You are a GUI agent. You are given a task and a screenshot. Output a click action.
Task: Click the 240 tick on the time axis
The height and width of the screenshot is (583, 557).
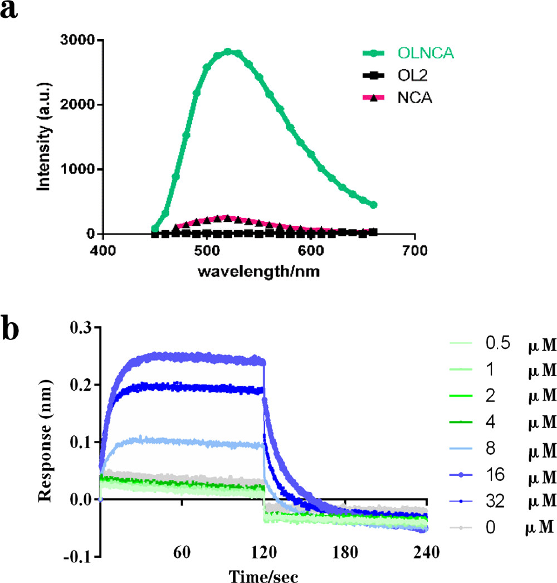pyautogui.click(x=427, y=553)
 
